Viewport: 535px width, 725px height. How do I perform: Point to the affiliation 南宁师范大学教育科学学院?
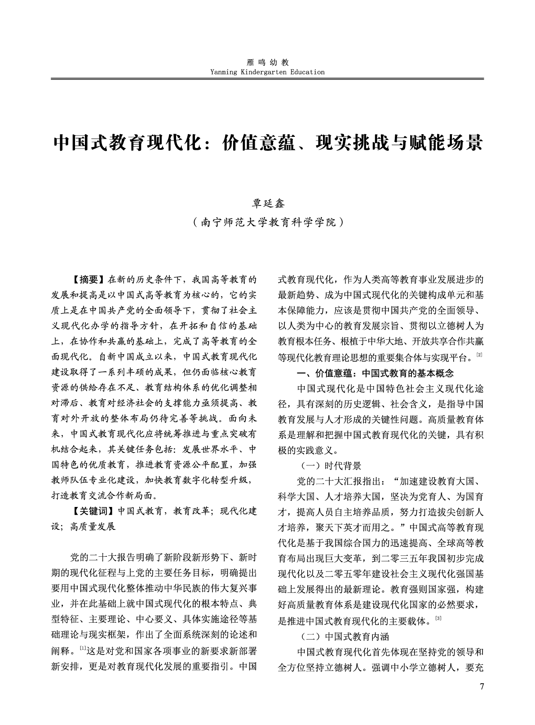[x=267, y=222]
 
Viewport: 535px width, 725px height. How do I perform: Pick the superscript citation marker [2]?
[x=479, y=355]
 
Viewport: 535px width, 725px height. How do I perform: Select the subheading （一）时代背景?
[x=329, y=465]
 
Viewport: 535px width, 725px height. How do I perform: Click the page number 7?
[x=482, y=686]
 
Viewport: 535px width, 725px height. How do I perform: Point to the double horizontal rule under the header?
[x=267, y=79]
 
